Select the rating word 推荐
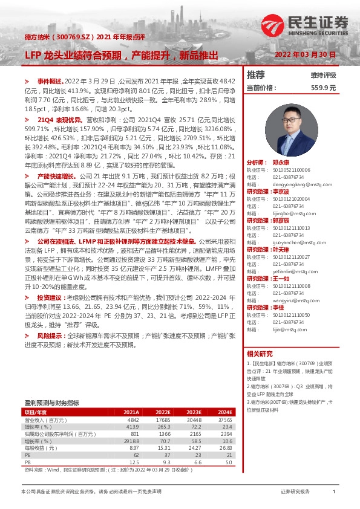click(x=256, y=76)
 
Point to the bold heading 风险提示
click(x=49, y=334)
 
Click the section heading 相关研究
click(x=260, y=354)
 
